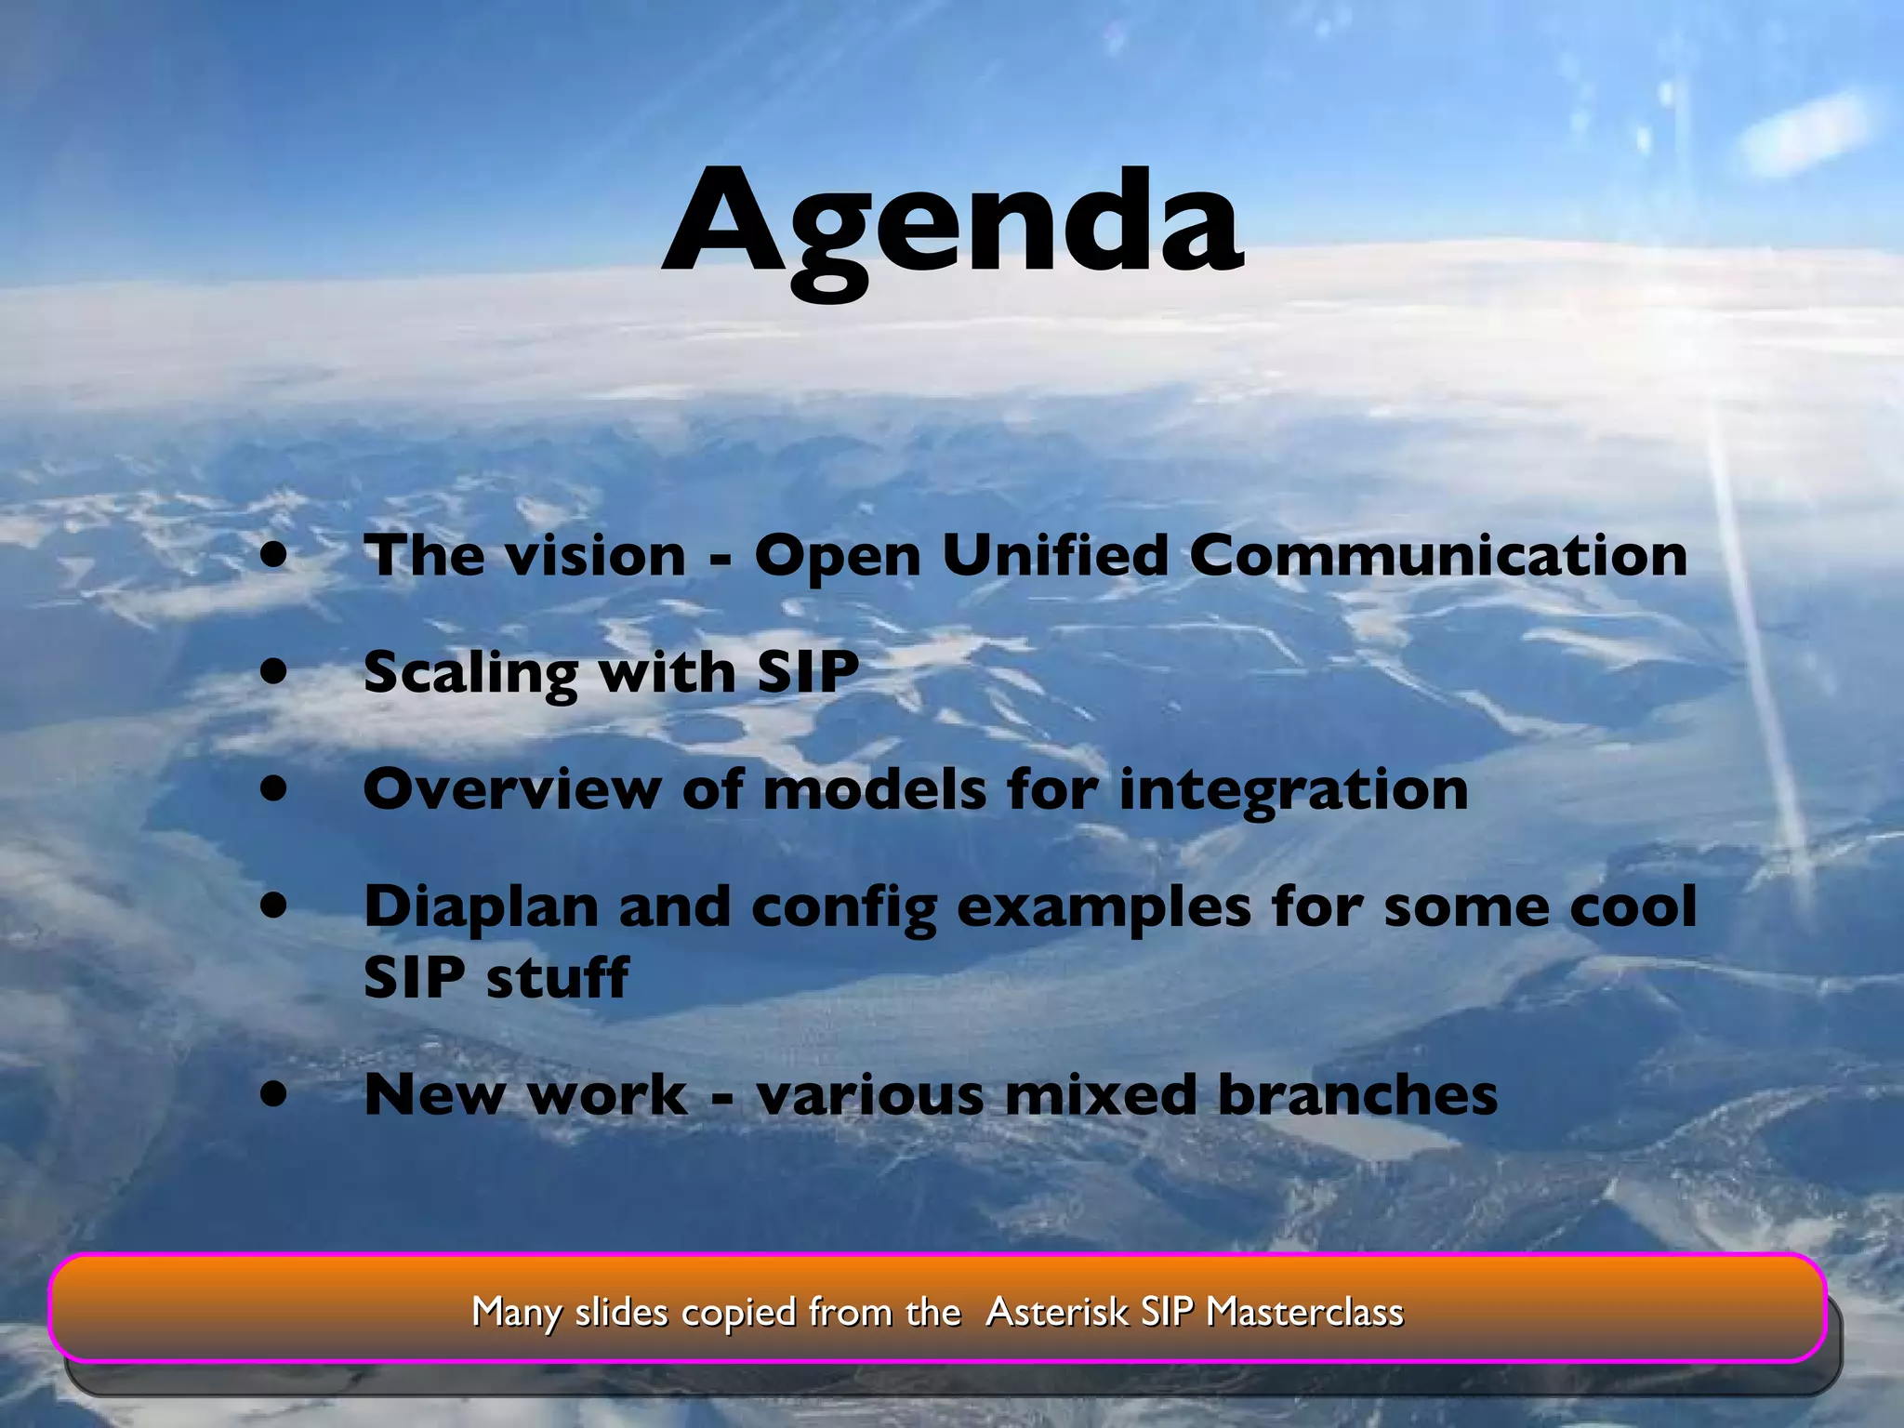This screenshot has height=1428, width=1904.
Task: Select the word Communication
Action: point(1437,556)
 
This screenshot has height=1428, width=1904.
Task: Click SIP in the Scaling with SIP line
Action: point(807,671)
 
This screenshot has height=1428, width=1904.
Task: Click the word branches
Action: point(1357,1094)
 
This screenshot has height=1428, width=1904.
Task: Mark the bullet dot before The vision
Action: point(274,555)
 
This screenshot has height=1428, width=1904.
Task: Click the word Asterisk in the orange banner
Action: point(1057,1312)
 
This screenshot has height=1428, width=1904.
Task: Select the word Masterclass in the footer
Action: point(1304,1312)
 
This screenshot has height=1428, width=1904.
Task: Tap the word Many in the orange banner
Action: point(516,1313)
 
